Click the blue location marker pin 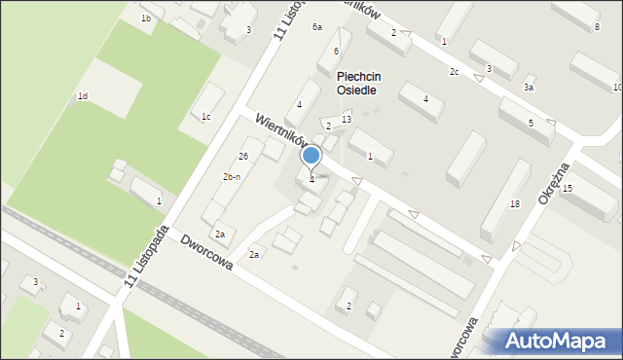click(x=311, y=157)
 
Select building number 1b click(x=146, y=18)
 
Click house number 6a click(x=317, y=27)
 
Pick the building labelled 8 click(x=597, y=26)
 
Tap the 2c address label click(x=454, y=72)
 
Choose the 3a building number click(x=529, y=88)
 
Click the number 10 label click(x=617, y=88)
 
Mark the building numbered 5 click(x=531, y=123)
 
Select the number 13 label click(x=346, y=119)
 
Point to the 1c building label click(x=206, y=117)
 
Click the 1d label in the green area click(x=83, y=96)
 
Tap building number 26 click(x=243, y=156)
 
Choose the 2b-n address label click(x=232, y=176)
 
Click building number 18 click(x=515, y=203)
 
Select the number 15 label click(x=567, y=188)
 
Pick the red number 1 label click(x=444, y=41)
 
